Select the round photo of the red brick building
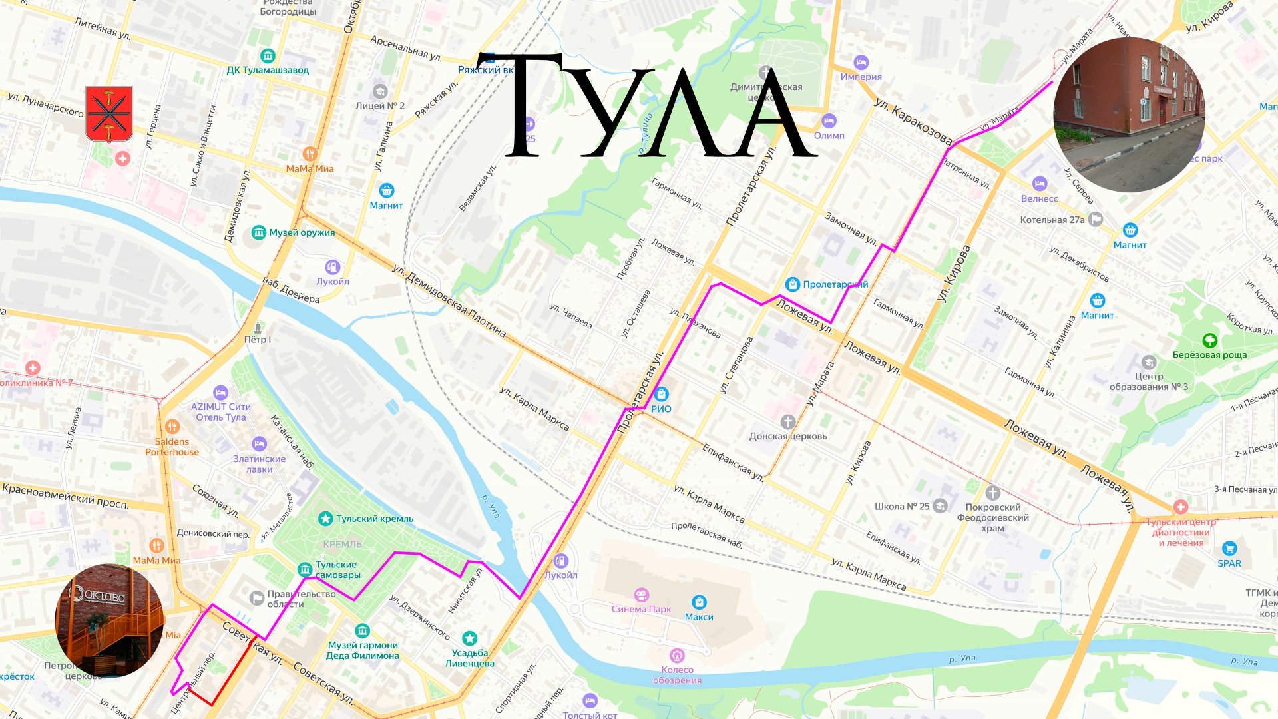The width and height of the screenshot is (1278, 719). [x=1130, y=115]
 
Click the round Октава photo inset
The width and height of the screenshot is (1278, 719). [x=109, y=620]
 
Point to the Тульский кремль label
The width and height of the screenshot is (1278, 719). [x=375, y=519]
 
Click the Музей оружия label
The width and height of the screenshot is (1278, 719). [x=302, y=232]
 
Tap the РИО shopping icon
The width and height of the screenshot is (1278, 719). [x=661, y=394]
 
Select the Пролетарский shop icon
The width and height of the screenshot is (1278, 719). [x=792, y=284]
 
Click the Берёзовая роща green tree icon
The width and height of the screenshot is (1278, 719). [x=1209, y=341]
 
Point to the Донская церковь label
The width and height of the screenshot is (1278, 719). [x=788, y=436]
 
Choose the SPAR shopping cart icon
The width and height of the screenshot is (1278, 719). [x=1229, y=549]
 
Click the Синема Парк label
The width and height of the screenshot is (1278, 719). [x=641, y=609]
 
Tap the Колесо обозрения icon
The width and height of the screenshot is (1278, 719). [x=677, y=656]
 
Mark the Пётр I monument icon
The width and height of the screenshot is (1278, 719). [x=258, y=327]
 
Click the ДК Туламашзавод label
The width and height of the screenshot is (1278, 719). [x=268, y=70]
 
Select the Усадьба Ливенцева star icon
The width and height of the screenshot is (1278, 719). [x=469, y=638]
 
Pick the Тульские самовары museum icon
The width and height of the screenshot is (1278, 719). [x=305, y=569]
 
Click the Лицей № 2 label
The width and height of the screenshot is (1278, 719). [x=379, y=106]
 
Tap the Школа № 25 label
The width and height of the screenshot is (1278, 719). [x=902, y=507]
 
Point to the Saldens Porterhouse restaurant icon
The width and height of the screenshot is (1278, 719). [x=172, y=427]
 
